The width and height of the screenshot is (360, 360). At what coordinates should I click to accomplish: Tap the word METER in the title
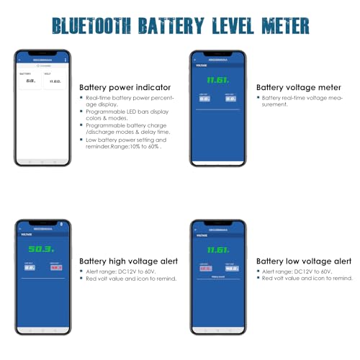(x=282, y=26)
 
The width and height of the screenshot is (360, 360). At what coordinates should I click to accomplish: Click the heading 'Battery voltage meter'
(x=294, y=87)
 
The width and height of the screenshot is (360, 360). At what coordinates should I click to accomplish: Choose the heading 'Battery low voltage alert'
(x=304, y=261)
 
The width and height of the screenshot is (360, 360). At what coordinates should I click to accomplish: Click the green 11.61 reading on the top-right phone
(x=217, y=81)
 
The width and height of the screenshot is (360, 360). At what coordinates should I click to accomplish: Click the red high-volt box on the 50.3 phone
(x=55, y=266)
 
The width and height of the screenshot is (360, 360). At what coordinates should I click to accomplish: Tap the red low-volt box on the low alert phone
(x=205, y=269)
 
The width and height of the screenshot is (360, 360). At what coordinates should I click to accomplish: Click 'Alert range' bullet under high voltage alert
(x=115, y=271)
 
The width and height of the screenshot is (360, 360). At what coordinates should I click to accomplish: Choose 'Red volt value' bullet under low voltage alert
(x=306, y=278)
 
